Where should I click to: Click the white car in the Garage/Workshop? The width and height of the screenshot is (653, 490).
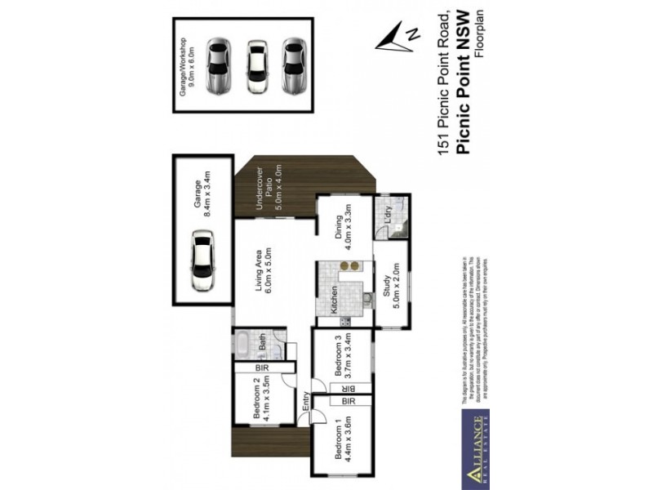256,67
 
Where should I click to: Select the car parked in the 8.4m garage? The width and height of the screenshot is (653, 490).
202,261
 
